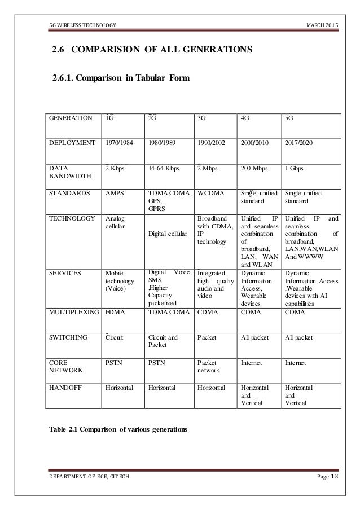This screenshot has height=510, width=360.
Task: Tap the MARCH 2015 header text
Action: pyautogui.click(x=322, y=25)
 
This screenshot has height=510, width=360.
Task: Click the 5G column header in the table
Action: pyautogui.click(x=291, y=119)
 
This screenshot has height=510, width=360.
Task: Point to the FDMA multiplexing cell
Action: pyautogui.click(x=115, y=312)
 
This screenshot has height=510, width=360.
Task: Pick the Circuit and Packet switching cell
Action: pyautogui.click(x=163, y=342)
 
